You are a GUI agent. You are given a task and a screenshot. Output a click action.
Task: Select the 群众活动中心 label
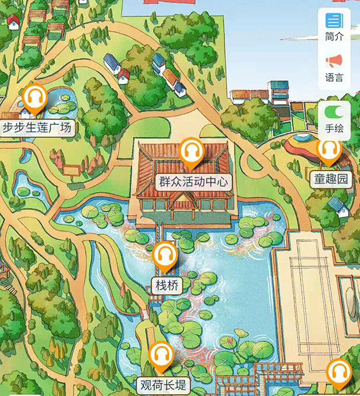tap(193, 181)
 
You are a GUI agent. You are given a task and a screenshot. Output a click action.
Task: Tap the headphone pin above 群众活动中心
tap(191, 152)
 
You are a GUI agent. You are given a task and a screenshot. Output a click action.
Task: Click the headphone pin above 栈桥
tap(165, 256)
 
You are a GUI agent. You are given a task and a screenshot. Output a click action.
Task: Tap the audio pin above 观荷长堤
tap(161, 355)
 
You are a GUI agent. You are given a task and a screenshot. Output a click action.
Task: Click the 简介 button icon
tap(334, 21)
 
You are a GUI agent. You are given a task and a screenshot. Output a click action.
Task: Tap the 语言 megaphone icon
tap(334, 61)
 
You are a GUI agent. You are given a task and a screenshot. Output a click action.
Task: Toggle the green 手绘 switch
tap(334, 112)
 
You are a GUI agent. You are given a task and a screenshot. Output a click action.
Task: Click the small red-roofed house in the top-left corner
tap(13, 21)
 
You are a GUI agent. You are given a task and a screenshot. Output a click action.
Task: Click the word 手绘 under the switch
tap(334, 128)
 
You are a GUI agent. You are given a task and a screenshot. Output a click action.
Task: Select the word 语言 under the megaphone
tap(334, 77)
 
